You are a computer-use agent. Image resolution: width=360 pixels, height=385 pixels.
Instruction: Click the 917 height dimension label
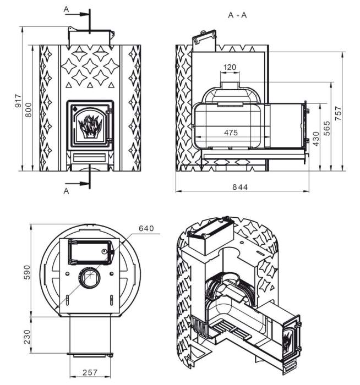[18, 101]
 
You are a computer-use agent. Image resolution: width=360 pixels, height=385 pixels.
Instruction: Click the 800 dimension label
[29, 110]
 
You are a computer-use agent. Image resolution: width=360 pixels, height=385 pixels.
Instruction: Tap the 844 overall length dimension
[240, 187]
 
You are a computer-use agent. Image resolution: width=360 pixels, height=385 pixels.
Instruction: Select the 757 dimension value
[339, 113]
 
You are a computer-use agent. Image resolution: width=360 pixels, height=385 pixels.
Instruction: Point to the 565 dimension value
[327, 128]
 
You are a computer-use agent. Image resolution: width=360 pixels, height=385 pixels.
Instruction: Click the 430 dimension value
[316, 139]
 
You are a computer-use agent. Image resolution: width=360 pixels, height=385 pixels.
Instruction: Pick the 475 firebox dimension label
[231, 133]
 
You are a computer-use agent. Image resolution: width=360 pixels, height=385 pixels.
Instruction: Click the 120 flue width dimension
[230, 67]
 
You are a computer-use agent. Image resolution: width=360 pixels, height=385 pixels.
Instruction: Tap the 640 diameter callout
[146, 228]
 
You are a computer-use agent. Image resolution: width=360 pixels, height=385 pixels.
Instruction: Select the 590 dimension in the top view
[27, 272]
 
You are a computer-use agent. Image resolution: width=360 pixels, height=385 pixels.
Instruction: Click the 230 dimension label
[27, 337]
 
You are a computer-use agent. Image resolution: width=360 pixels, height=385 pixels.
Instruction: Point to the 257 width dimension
[90, 372]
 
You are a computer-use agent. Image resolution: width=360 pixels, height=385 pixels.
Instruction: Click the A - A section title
[237, 15]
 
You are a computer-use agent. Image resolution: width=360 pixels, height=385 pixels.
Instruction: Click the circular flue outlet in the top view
[89, 278]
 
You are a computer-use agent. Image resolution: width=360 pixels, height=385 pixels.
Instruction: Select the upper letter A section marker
[66, 9]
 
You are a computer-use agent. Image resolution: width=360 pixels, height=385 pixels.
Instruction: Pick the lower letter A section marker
[66, 191]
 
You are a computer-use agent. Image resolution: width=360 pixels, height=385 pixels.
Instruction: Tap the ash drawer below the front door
[89, 158]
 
